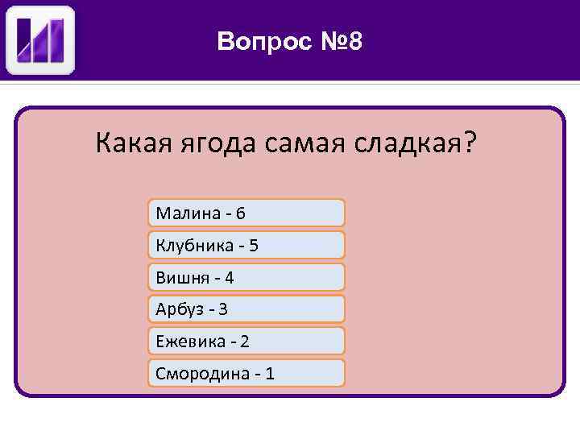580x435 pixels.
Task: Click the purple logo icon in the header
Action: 40,40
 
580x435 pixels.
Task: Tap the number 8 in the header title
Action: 354,40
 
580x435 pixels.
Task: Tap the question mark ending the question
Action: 469,145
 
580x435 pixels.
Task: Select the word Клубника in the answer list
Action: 193,246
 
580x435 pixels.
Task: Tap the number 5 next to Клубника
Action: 254,246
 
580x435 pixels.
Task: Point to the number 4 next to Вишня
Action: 230,278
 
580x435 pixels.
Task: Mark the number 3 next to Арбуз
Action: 224,309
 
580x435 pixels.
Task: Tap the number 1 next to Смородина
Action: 270,374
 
